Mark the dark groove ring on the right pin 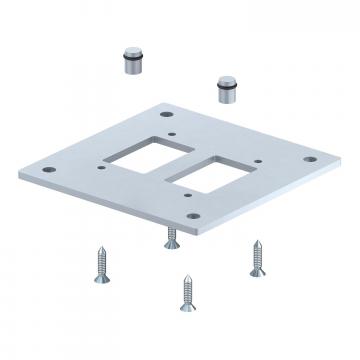pos(227,94)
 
